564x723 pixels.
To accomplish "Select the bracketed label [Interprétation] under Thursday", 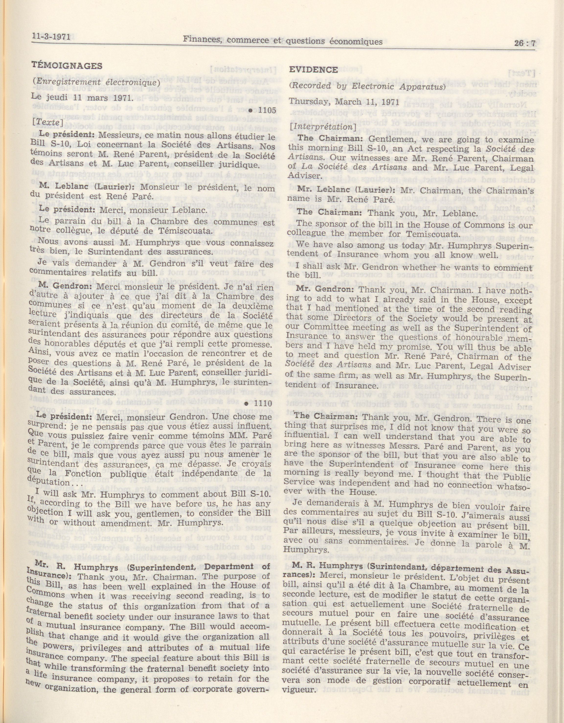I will pyautogui.click(x=322, y=127).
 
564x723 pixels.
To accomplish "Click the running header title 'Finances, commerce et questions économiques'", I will pyautogui.click(x=283, y=41).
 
